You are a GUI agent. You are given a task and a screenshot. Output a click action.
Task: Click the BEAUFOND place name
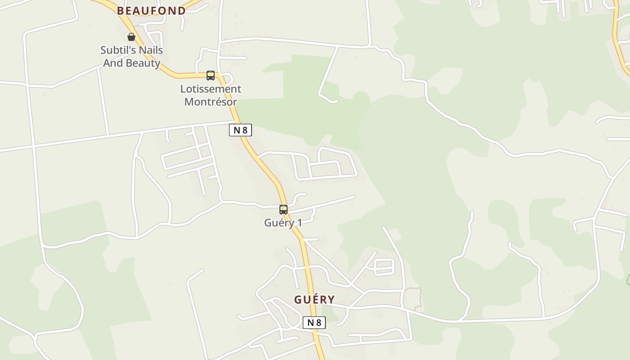151,11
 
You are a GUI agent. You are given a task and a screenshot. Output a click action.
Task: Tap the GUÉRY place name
315,300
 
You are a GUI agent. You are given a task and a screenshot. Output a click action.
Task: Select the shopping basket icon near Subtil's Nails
131,37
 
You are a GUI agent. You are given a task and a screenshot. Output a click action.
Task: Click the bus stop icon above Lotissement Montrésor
211,76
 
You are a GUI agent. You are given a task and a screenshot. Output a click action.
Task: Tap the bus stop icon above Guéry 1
283,210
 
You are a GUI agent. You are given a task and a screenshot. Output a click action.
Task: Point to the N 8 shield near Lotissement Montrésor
240,130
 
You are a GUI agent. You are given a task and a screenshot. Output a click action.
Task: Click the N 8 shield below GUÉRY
314,323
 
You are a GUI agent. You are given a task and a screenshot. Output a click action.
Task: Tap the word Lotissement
211,89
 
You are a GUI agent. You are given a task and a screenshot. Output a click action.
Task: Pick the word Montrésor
211,102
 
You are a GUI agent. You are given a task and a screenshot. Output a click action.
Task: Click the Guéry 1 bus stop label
283,223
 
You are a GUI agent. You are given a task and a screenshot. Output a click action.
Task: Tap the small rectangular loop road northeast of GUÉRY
384,266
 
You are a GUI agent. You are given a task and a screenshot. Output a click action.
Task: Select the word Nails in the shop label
151,50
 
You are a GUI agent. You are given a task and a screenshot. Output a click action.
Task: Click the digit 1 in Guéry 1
299,223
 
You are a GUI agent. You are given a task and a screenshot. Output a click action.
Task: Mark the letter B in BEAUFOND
121,11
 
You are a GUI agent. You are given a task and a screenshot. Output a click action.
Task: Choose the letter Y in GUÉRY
331,300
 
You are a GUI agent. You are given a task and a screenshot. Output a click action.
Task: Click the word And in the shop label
112,63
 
